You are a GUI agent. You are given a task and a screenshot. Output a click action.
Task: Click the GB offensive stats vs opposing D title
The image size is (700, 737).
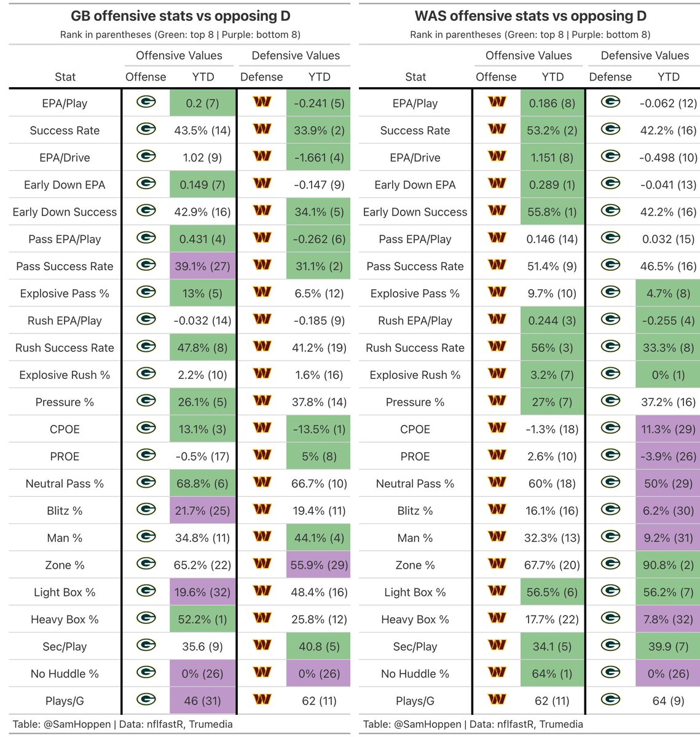click(x=179, y=17)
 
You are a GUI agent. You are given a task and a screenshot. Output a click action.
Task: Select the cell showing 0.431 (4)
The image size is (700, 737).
click(x=202, y=239)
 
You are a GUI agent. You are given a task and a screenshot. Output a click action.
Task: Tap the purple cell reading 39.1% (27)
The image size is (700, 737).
click(x=202, y=266)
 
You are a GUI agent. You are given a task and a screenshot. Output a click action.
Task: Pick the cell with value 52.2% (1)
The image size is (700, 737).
click(x=202, y=619)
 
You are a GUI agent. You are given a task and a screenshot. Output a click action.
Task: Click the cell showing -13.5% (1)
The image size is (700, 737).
click(x=318, y=429)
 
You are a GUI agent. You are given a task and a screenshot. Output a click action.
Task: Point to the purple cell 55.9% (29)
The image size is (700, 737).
click(x=318, y=565)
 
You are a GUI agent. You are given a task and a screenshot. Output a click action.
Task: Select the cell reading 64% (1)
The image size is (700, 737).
click(x=552, y=674)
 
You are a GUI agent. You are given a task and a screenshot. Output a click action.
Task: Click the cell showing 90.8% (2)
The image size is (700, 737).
click(x=668, y=565)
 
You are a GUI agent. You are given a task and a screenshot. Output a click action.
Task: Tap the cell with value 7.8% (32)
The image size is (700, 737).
click(x=668, y=619)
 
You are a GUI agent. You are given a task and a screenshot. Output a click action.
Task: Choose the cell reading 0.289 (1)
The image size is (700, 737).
click(x=552, y=185)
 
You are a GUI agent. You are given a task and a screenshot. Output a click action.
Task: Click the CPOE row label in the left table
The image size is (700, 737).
click(x=65, y=429)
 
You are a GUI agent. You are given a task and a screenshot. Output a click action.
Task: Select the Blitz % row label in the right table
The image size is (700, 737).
click(x=415, y=511)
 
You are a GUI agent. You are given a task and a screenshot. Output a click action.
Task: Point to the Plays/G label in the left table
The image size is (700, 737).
click(x=65, y=701)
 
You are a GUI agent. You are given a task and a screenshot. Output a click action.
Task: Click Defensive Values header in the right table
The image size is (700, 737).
click(x=645, y=56)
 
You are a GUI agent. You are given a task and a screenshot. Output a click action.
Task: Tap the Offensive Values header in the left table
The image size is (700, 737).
click(x=179, y=56)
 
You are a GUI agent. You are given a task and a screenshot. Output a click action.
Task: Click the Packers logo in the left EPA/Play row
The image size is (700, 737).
click(x=146, y=102)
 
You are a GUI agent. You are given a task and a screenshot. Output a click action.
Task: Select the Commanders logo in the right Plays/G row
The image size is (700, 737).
click(x=497, y=700)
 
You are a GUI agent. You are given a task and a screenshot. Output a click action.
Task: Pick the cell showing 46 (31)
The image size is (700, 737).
click(x=202, y=701)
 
